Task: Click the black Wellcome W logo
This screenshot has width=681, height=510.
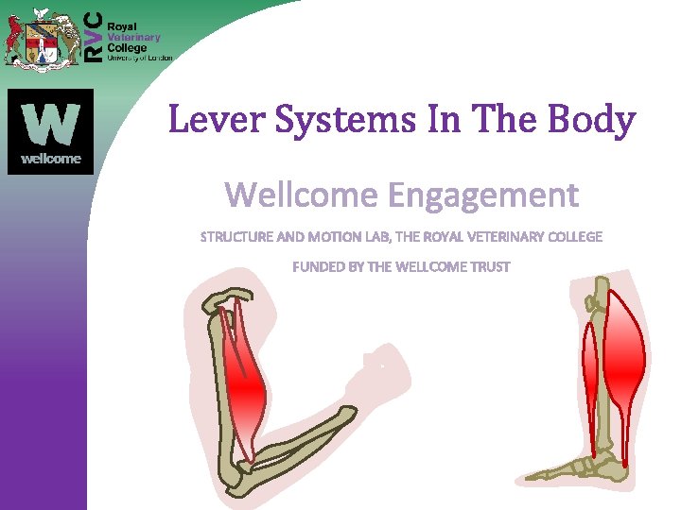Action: [x=51, y=131]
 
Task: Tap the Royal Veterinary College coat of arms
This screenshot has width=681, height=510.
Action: [x=41, y=35]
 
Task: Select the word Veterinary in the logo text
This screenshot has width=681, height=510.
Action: [x=133, y=38]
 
